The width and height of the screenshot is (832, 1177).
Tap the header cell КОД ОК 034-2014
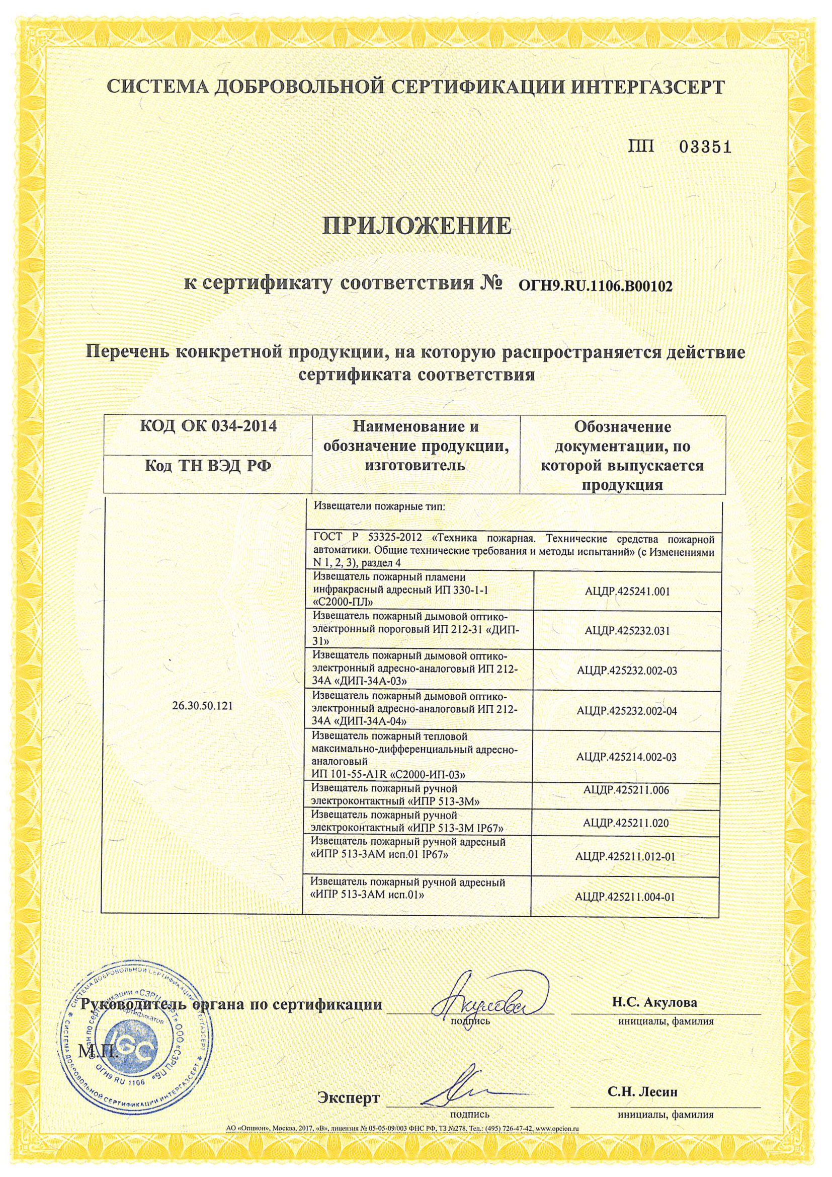tap(208, 426)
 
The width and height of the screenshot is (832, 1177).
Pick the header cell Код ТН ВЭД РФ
tap(208, 466)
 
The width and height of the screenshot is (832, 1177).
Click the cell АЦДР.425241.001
tap(627, 591)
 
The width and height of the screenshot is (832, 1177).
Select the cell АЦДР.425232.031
tap(627, 630)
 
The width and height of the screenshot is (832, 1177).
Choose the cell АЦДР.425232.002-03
tap(627, 671)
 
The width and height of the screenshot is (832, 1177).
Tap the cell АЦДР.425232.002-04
tap(627, 710)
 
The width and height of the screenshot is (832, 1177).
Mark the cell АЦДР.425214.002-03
tap(627, 756)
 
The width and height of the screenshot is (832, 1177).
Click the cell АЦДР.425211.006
tap(627, 790)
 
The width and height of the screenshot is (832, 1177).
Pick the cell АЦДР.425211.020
tap(627, 823)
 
